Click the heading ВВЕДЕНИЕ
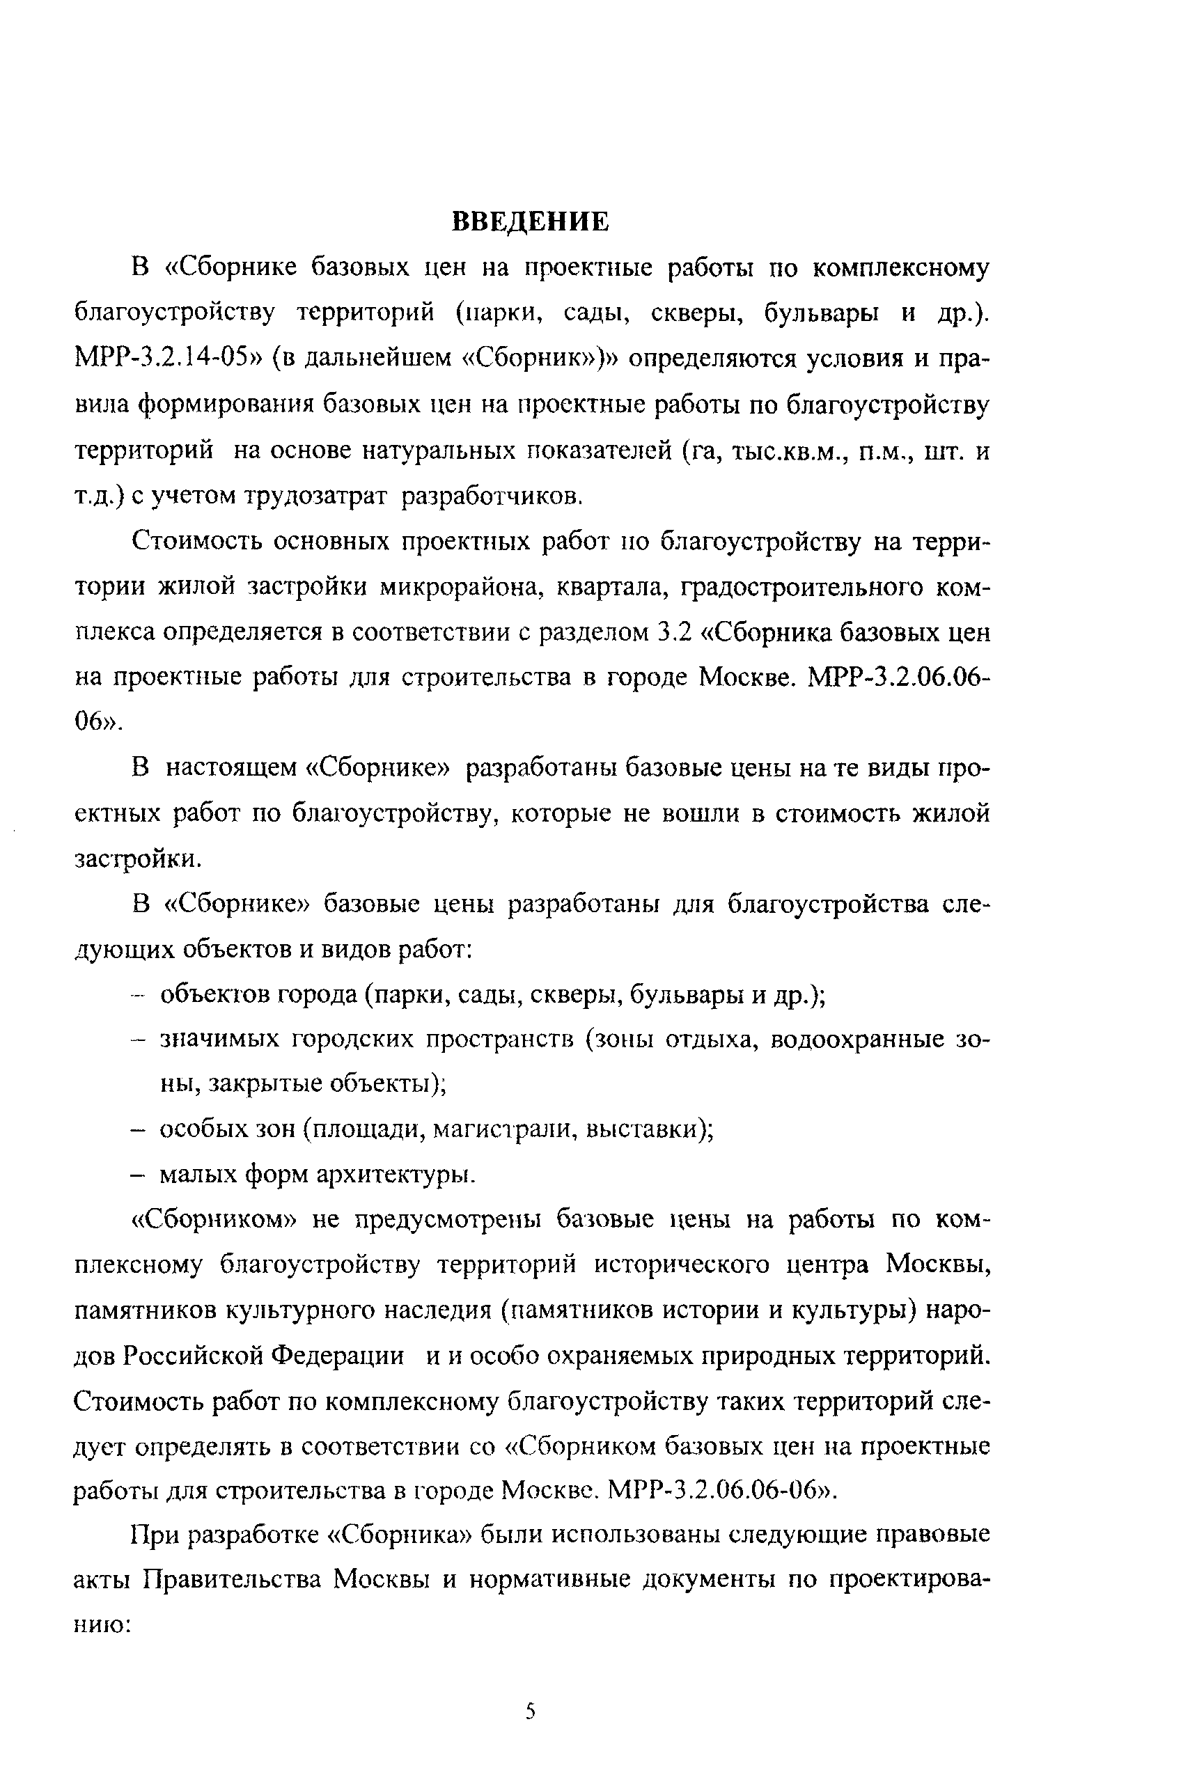coord(531,221)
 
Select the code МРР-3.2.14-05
coord(166,358)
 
